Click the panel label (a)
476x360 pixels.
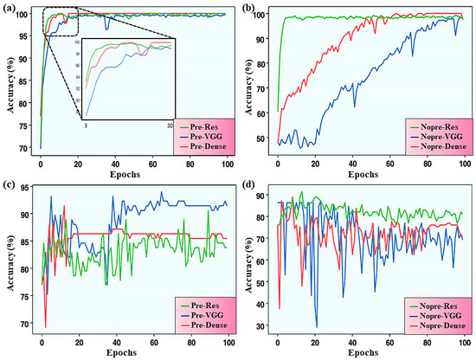point(12,8)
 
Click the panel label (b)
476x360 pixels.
point(248,8)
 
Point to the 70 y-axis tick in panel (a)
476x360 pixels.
point(24,147)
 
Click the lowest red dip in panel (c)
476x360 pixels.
point(46,326)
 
